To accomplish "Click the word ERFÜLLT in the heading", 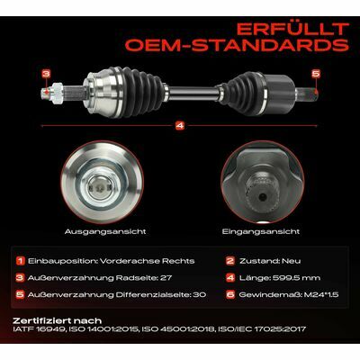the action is tap(292, 29).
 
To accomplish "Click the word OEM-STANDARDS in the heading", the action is tap(238, 45).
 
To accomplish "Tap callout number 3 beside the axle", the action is tap(46, 74).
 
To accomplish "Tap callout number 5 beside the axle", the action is tap(316, 74).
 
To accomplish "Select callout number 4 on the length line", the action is tap(180, 126).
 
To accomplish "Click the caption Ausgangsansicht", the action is tap(105, 232).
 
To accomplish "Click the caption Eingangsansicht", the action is tap(261, 231).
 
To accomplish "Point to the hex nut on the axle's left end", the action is tap(57, 94).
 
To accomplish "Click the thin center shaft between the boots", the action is tap(193, 94).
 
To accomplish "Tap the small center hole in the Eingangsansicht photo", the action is tap(263, 197).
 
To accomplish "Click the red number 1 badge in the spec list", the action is tap(21, 261).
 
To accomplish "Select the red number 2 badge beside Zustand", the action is tap(230, 261).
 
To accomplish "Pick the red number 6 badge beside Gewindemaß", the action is tap(230, 294).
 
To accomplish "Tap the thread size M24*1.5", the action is tap(321, 294).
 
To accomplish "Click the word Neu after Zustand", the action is tap(291, 261).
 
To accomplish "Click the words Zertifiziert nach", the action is tap(58, 320).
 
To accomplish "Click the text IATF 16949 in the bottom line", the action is tap(39, 329).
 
